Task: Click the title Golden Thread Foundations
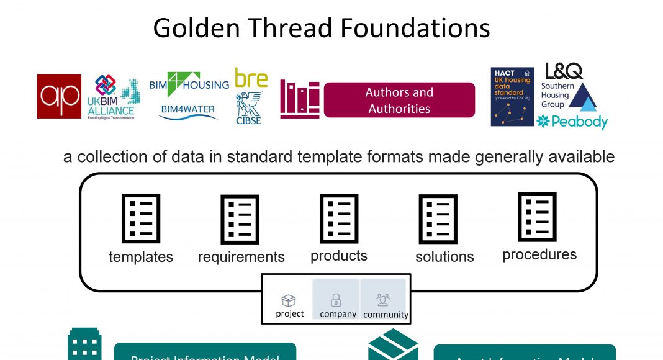point(322,28)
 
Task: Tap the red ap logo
point(59,96)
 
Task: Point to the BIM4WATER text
point(187,110)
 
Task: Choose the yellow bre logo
point(251,78)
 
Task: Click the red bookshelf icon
point(300,99)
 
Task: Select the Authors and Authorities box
point(399,100)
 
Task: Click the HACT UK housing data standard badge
point(512,97)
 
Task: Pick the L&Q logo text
point(563,71)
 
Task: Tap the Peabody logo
point(572,122)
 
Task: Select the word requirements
point(241,257)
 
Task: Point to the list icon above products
point(339,218)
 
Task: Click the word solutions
point(444,257)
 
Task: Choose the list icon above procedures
point(538,217)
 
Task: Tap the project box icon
point(289,301)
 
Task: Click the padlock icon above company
point(336,300)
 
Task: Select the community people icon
point(383,300)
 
